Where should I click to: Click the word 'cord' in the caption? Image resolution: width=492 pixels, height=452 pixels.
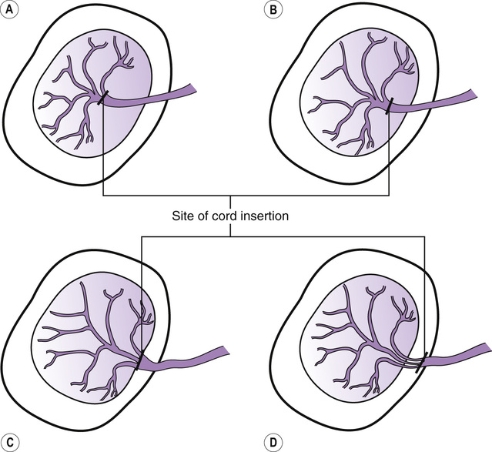tap(221, 216)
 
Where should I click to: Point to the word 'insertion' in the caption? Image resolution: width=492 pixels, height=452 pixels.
tap(263, 216)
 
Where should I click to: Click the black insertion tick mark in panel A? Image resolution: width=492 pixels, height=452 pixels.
tap(104, 98)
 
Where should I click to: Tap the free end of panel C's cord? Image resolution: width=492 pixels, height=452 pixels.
tap(226, 352)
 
